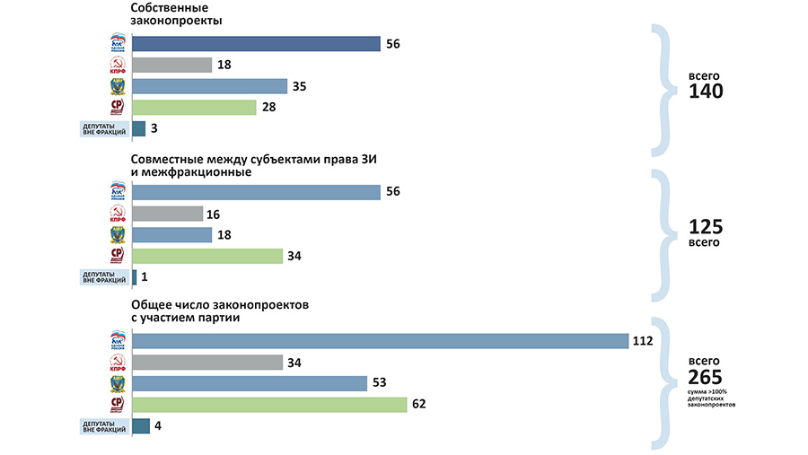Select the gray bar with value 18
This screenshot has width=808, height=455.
(x=171, y=65)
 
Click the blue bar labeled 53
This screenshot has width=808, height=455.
(x=250, y=383)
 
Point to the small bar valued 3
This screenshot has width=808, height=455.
(x=138, y=128)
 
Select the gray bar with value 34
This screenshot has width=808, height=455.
(x=207, y=363)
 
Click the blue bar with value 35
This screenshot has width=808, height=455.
(x=209, y=86)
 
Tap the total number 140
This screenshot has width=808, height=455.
(x=706, y=92)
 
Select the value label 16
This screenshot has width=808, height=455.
(x=213, y=214)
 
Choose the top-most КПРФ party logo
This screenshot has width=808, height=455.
(x=117, y=65)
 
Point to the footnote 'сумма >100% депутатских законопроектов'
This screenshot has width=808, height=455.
(x=711, y=398)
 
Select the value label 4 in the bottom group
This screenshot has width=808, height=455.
(x=158, y=425)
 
